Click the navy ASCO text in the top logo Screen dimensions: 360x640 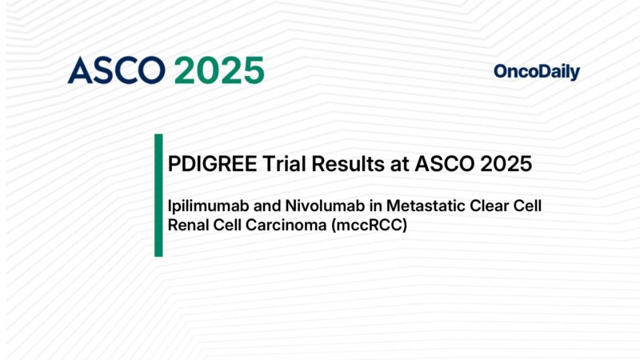tap(118, 71)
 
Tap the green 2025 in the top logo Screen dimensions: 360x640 tap(219, 71)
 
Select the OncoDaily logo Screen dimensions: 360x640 tap(537, 72)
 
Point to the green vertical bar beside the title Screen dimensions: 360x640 tap(158, 195)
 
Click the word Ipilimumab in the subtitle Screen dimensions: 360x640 tap(204, 206)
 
